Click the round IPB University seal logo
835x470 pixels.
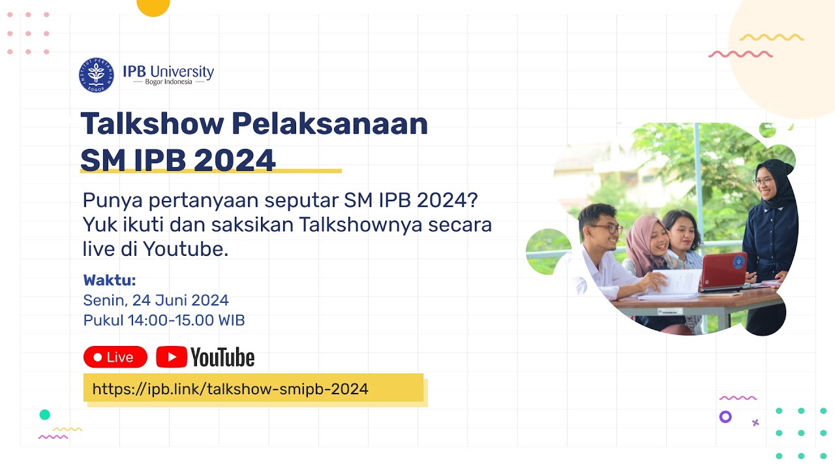pyautogui.click(x=96, y=74)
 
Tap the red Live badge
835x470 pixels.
pyautogui.click(x=115, y=357)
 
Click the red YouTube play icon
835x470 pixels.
pyautogui.click(x=172, y=357)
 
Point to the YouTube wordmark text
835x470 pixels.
pyautogui.click(x=222, y=358)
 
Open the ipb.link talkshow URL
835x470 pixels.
pyautogui.click(x=230, y=390)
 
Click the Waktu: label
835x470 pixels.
pyautogui.click(x=110, y=281)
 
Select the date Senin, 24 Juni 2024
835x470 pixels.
pyautogui.click(x=156, y=301)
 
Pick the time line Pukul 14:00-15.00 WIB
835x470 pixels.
pyautogui.click(x=164, y=321)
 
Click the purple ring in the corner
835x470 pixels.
pyautogui.click(x=725, y=416)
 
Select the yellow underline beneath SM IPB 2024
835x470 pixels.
pyautogui.click(x=211, y=172)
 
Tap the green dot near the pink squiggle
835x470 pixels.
pyautogui.click(x=44, y=415)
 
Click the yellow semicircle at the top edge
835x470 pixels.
pyautogui.click(x=153, y=7)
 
